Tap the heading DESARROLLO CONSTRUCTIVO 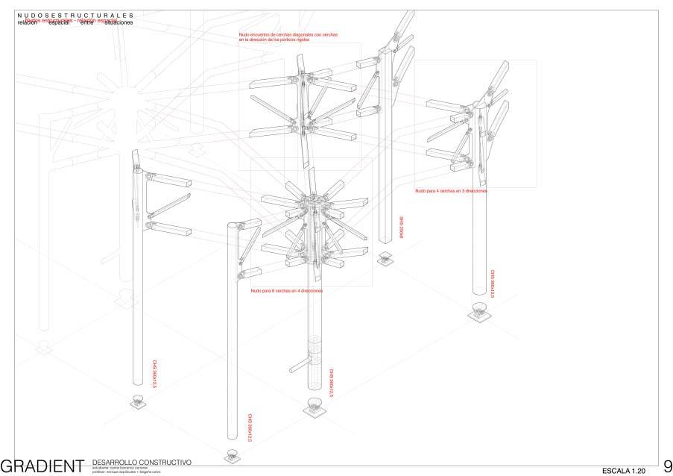142,463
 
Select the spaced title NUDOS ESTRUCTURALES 75,15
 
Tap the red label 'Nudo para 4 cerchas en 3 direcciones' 450,191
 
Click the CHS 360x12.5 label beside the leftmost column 154,370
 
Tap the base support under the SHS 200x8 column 385,259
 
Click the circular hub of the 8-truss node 312,202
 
